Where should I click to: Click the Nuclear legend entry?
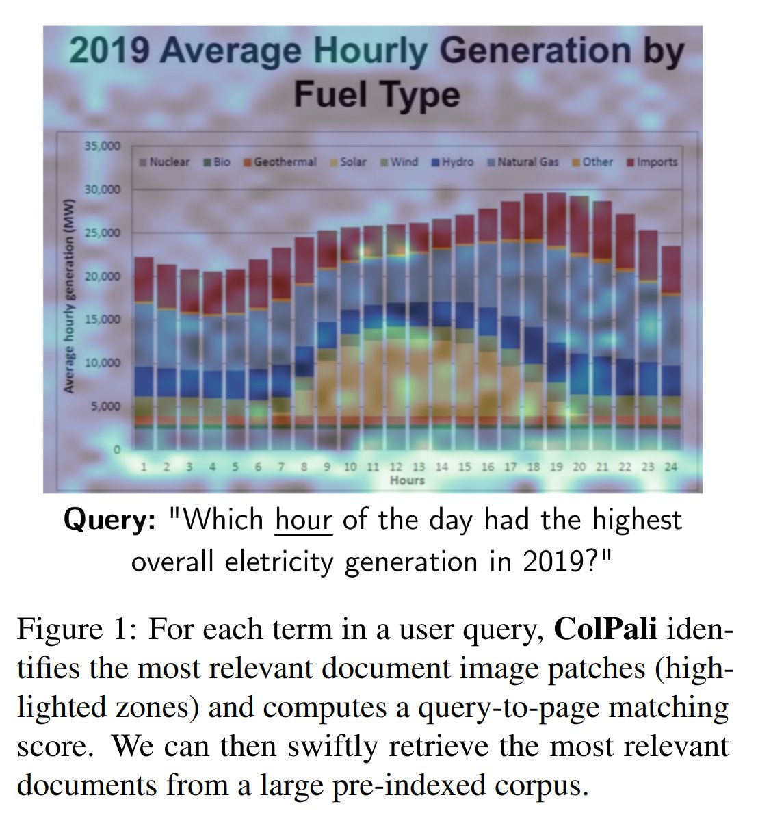[x=165, y=162]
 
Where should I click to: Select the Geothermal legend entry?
[x=281, y=162]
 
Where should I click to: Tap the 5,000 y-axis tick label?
[x=105, y=406]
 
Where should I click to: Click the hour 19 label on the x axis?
[x=556, y=467]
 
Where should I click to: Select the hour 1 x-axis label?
[x=144, y=467]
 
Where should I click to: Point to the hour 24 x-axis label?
[x=670, y=467]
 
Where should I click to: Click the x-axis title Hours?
[x=407, y=480]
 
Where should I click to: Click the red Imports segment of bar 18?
[x=534, y=216]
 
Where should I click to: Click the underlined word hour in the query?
[x=303, y=521]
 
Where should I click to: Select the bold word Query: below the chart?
[x=109, y=521]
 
